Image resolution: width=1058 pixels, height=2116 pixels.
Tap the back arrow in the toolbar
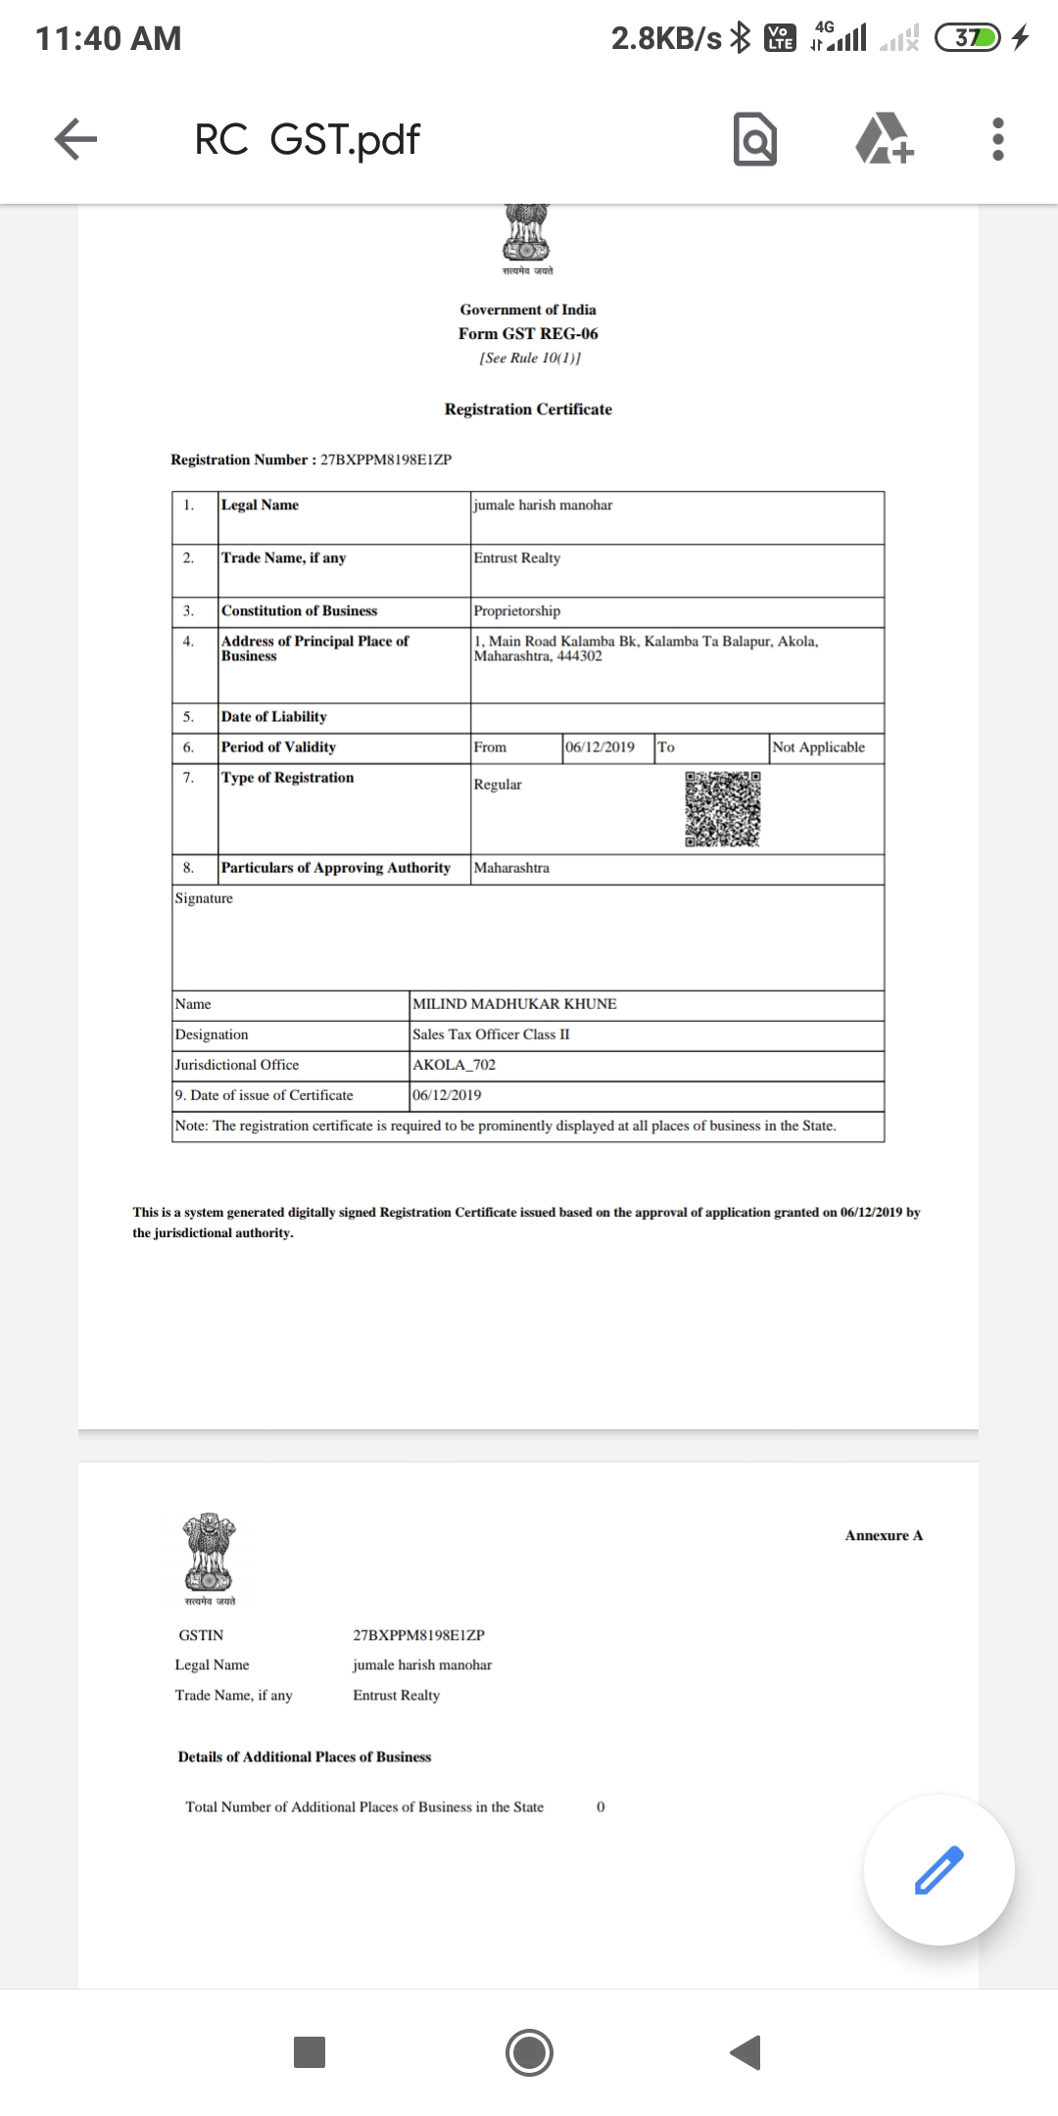tap(75, 139)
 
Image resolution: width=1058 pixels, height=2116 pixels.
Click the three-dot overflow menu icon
tap(997, 139)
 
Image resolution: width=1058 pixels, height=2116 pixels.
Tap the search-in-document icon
tap(754, 139)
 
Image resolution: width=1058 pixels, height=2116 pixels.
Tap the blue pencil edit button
tap(938, 1869)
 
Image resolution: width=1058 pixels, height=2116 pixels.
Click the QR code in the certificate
tap(723, 809)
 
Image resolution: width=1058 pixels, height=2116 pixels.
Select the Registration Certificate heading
tap(528, 409)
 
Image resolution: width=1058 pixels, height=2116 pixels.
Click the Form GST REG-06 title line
tap(528, 334)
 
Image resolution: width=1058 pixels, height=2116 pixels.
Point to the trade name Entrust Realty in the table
tap(517, 558)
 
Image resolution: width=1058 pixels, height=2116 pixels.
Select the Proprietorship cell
tap(517, 611)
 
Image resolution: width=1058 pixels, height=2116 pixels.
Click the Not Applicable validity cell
tap(819, 747)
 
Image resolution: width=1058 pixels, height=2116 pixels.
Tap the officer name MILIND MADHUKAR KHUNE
tap(514, 1004)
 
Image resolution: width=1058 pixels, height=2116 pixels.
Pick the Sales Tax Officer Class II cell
tap(491, 1034)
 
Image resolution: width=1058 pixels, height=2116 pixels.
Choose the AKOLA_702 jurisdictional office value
tap(454, 1065)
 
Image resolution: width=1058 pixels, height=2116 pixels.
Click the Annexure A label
tap(884, 1535)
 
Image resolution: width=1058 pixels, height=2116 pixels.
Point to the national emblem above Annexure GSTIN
tap(209, 1554)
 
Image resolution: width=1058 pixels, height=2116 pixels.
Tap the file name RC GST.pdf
tap(307, 139)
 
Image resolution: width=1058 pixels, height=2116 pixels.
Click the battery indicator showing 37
tap(968, 38)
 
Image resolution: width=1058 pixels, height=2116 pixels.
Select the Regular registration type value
tap(498, 785)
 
